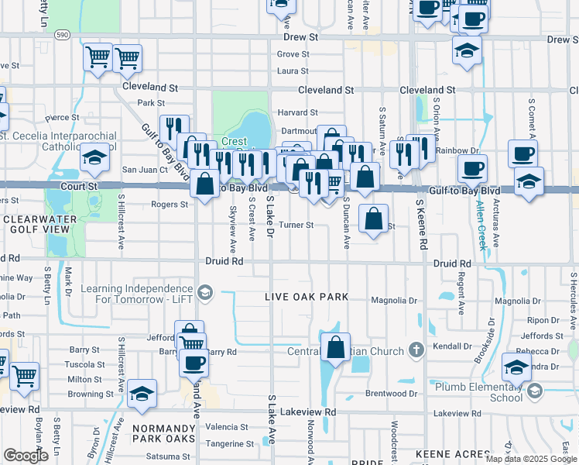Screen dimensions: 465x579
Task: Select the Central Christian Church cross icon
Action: [x=416, y=350]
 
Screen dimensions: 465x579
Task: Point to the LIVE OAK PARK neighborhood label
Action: [x=307, y=297]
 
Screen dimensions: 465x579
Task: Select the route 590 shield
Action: [x=63, y=36]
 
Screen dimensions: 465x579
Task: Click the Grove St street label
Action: [x=293, y=55]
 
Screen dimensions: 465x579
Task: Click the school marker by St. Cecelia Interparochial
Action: [x=94, y=159]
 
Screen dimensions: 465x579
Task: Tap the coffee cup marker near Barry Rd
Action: [x=194, y=363]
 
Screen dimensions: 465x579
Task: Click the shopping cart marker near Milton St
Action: [x=24, y=377]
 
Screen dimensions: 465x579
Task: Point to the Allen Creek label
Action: [x=483, y=225]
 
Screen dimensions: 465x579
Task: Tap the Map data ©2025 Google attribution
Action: [x=531, y=459]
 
